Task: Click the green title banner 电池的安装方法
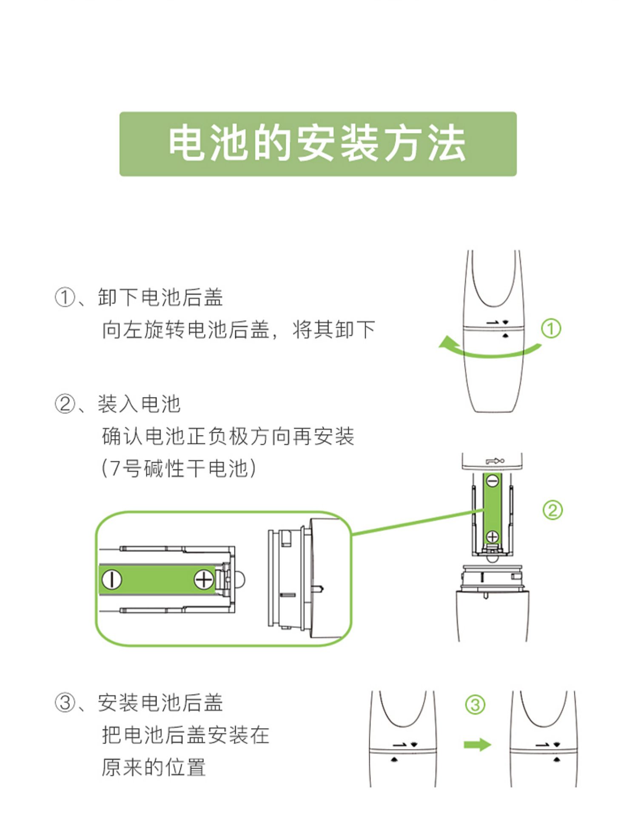pyautogui.click(x=318, y=144)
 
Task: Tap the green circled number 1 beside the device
pyautogui.click(x=551, y=329)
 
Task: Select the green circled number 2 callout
pyautogui.click(x=553, y=510)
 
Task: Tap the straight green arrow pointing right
pyautogui.click(x=477, y=745)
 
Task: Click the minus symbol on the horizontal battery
pyautogui.click(x=111, y=580)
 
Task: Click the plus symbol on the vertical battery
pyautogui.click(x=493, y=537)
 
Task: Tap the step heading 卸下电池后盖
pyautogui.click(x=160, y=297)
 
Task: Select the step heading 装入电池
pyautogui.click(x=139, y=403)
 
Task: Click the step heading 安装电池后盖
pyautogui.click(x=160, y=703)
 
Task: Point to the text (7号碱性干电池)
pyautogui.click(x=179, y=468)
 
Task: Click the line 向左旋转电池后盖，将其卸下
pyautogui.click(x=238, y=329)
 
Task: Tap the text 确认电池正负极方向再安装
pyautogui.click(x=228, y=436)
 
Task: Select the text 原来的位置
pyautogui.click(x=154, y=767)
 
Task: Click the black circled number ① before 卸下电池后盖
pyautogui.click(x=65, y=297)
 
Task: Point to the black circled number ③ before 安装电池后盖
pyautogui.click(x=65, y=703)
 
